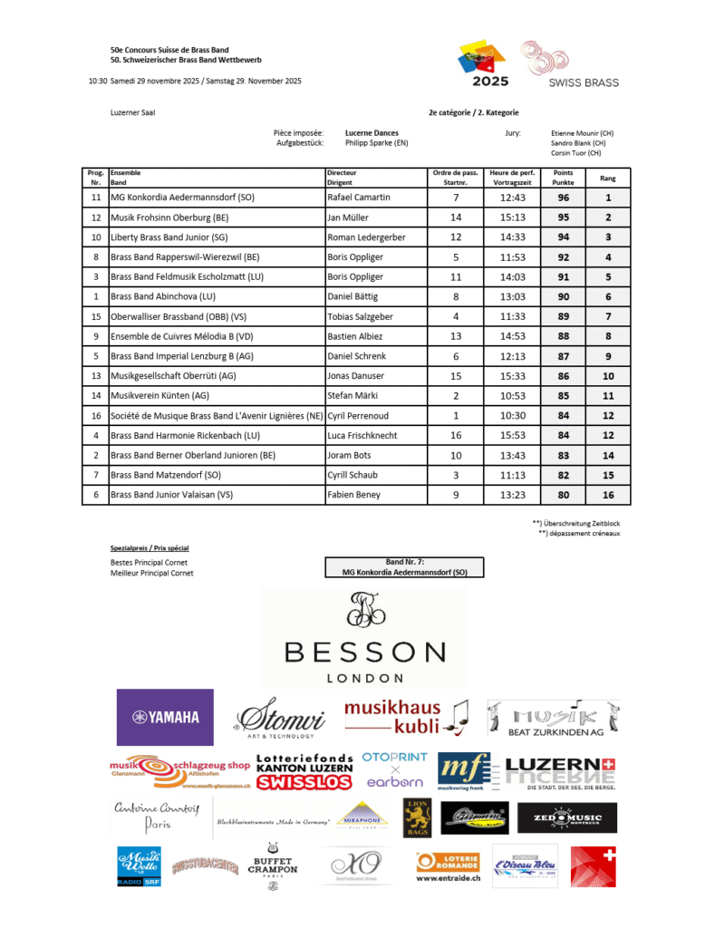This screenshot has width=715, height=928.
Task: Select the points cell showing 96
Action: click(563, 197)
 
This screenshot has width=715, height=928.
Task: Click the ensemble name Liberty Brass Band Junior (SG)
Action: click(169, 237)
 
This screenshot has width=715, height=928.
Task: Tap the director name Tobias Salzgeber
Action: click(363, 316)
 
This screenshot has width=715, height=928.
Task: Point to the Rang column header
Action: click(608, 178)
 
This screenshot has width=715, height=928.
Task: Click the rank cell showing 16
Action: click(608, 495)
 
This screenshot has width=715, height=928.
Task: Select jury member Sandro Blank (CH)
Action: click(578, 143)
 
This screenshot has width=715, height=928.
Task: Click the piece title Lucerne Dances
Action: click(372, 133)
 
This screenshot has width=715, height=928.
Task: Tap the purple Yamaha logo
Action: click(165, 717)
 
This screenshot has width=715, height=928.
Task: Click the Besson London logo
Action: click(364, 638)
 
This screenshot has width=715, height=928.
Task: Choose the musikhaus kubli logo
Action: click(406, 716)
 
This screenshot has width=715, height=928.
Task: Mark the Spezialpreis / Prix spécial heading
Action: click(149, 548)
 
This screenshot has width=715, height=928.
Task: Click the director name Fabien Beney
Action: click(355, 495)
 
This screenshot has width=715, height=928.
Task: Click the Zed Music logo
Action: click(567, 818)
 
